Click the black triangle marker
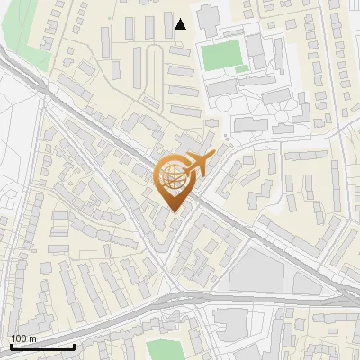181,24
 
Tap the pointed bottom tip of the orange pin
173,211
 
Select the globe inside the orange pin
172,176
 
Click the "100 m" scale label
23,337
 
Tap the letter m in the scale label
32,337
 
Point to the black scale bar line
42,346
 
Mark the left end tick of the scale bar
11,345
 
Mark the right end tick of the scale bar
74,345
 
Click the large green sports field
222,56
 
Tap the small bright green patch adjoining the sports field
241,68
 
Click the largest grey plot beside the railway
256,270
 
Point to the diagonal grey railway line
108,135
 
